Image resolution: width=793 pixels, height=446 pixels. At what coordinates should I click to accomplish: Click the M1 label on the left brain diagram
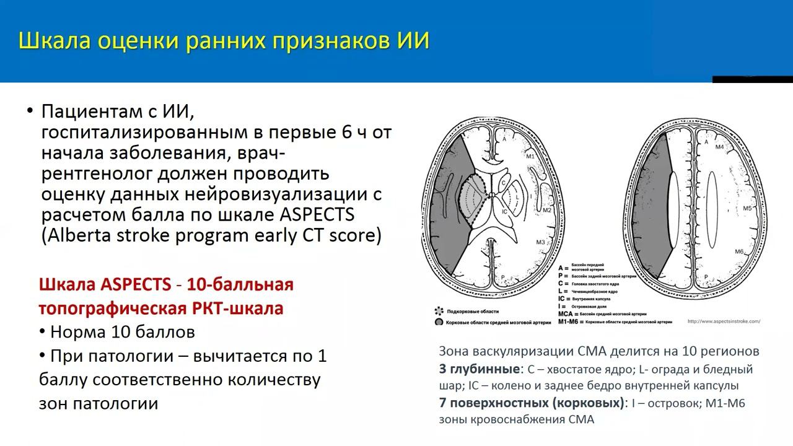pos(530,157)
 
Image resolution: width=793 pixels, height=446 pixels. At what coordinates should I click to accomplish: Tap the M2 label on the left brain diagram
pos(547,211)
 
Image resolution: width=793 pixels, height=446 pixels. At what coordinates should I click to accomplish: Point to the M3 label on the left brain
pos(540,242)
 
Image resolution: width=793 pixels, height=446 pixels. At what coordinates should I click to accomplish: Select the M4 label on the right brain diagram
pos(720,147)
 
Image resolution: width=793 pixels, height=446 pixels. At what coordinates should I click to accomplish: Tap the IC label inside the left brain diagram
pos(505,211)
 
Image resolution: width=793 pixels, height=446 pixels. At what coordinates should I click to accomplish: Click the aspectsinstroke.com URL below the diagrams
pos(724,321)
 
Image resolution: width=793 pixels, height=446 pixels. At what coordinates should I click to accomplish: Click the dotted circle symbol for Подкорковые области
pos(439,312)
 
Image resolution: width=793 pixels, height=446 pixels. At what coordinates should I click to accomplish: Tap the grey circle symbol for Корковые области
pos(439,322)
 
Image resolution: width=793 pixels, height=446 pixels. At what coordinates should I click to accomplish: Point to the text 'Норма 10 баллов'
pos(122,332)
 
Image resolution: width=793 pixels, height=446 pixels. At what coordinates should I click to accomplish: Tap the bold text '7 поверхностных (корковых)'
pos(532,403)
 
